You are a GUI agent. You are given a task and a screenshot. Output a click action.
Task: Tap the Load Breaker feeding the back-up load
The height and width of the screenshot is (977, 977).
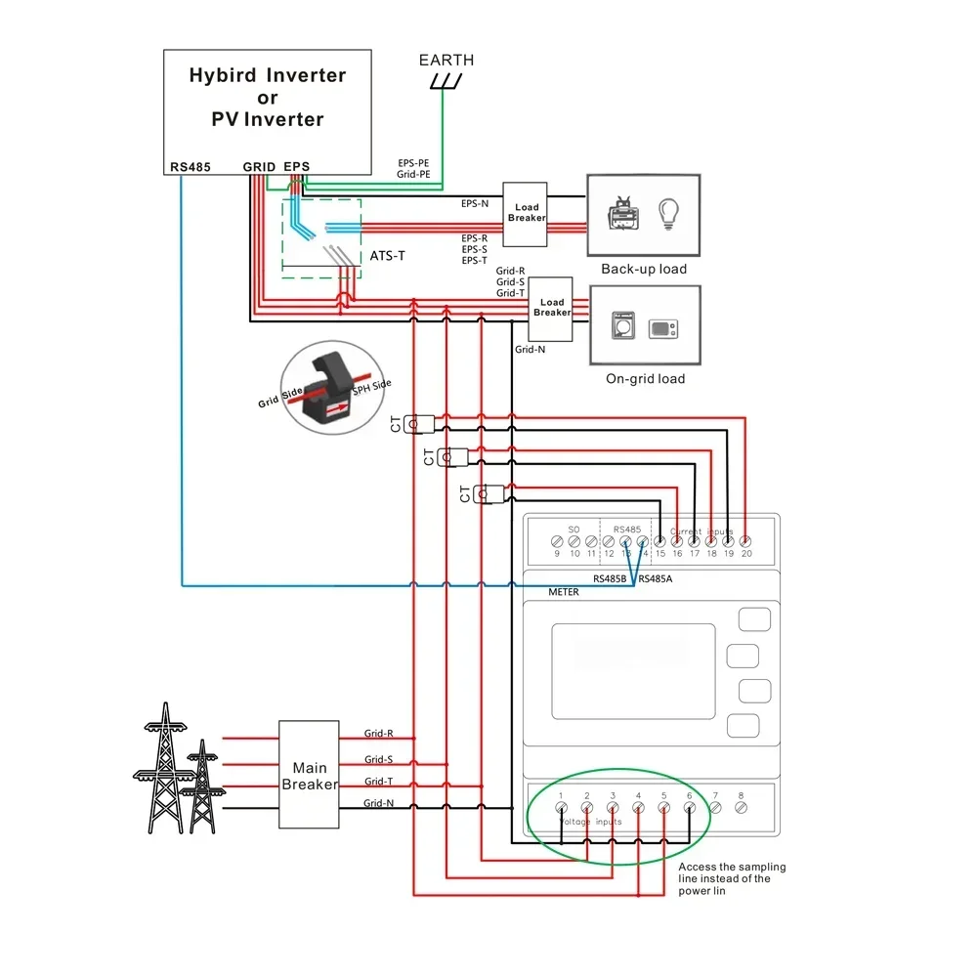tap(527, 213)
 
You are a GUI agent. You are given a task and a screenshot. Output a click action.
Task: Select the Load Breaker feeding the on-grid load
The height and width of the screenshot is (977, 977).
tap(552, 308)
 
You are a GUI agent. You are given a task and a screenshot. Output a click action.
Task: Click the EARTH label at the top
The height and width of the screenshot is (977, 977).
tap(446, 61)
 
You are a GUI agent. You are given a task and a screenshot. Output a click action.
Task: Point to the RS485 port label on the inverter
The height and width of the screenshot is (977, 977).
tap(190, 167)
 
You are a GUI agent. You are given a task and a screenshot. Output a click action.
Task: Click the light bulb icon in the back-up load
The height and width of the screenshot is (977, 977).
tap(669, 213)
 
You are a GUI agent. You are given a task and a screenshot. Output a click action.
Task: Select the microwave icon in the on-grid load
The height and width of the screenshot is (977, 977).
tap(664, 327)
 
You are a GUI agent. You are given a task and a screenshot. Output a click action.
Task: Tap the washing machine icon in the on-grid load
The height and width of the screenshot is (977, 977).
tap(622, 325)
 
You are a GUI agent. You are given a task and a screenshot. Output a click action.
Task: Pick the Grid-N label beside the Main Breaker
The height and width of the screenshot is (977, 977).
tap(378, 803)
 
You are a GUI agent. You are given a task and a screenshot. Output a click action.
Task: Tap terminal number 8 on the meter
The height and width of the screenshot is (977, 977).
tap(741, 807)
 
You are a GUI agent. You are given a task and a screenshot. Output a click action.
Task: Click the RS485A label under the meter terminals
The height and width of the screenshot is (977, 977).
tap(655, 578)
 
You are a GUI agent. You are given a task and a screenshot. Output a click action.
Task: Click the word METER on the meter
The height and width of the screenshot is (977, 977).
tap(564, 592)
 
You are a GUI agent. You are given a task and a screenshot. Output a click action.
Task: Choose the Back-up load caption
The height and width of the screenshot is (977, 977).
tap(644, 269)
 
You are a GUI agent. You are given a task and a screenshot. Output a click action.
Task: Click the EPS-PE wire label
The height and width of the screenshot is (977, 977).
tap(413, 163)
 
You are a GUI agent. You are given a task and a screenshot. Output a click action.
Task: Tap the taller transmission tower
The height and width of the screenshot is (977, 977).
tap(162, 768)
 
